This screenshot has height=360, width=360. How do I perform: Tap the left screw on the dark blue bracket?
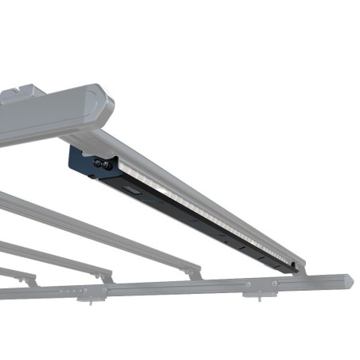click(97, 162)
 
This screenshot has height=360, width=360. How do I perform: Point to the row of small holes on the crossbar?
click(73, 292)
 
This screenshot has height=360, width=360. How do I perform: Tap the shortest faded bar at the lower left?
click(16, 274)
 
